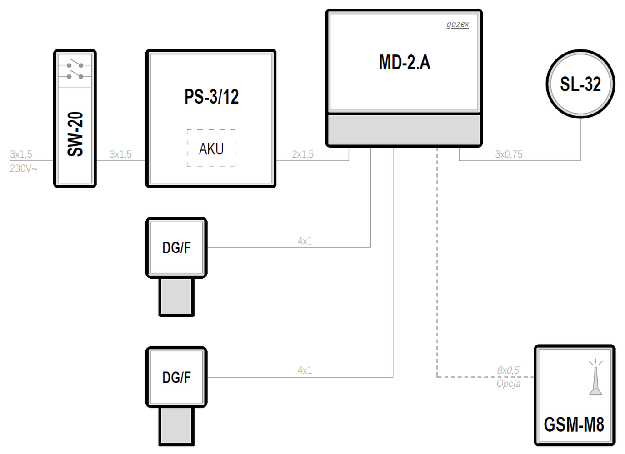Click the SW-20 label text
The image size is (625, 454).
(x=75, y=134)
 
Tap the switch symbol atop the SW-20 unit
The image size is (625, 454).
(x=75, y=70)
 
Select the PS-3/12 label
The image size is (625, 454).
(x=211, y=97)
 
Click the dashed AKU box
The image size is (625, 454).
(x=211, y=148)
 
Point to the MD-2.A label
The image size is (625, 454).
(x=404, y=63)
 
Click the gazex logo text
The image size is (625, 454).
(x=457, y=24)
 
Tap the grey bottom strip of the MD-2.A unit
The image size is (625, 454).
(x=404, y=129)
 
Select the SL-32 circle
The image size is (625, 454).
(x=580, y=84)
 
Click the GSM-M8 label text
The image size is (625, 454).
(x=574, y=424)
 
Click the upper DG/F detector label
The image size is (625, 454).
(x=176, y=248)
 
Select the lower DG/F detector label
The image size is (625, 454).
(x=176, y=377)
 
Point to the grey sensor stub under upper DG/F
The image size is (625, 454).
(x=176, y=297)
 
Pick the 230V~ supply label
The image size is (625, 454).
(x=24, y=168)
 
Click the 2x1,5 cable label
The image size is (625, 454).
(x=303, y=154)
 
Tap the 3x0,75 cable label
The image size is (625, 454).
(x=509, y=154)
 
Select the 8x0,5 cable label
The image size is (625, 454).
(x=508, y=370)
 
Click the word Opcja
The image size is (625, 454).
(x=508, y=384)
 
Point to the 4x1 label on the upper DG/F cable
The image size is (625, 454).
(x=305, y=241)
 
